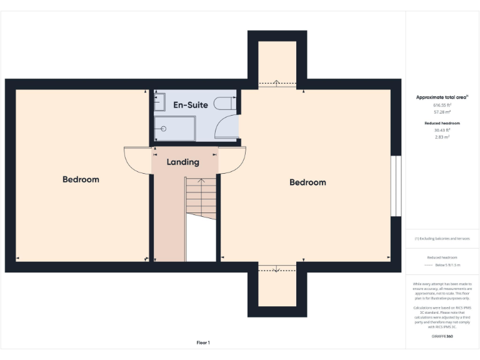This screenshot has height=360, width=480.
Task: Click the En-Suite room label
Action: [x=191, y=104]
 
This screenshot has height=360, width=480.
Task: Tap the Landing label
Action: [x=182, y=162]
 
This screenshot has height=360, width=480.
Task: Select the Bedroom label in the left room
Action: [x=81, y=179]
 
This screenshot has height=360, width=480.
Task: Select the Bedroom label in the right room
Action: [x=307, y=182]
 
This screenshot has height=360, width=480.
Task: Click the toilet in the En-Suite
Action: [x=224, y=104]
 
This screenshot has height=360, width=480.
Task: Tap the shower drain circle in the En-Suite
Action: [x=164, y=129]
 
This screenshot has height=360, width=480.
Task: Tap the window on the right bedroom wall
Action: [x=396, y=186]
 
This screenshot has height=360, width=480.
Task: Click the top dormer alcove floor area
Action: [x=277, y=62]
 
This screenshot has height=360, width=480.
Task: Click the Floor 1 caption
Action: [x=203, y=342]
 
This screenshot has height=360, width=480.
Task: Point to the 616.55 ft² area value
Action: [x=442, y=106]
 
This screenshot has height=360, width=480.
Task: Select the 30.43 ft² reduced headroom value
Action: [x=442, y=130]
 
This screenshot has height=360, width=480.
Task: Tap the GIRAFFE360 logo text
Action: [x=442, y=336]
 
